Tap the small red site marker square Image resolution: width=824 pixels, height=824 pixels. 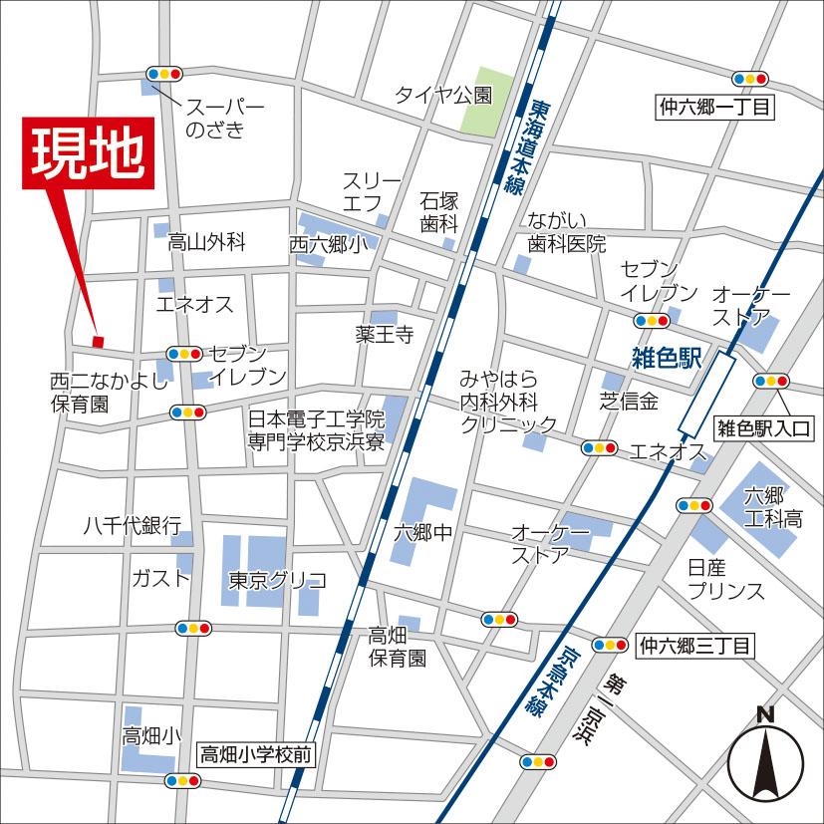98,342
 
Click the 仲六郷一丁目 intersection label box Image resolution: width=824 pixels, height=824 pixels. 714,106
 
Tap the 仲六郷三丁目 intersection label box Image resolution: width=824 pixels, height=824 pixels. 694,646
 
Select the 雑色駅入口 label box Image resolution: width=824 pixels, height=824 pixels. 765,429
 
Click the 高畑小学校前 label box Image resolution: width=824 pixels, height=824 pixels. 256,755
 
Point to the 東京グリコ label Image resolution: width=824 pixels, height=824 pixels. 277,580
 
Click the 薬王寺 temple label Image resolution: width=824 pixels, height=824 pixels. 384,335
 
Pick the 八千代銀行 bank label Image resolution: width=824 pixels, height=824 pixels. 132,525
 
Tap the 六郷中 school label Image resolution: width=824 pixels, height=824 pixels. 423,533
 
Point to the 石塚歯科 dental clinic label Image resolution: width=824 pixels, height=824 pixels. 438,211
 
